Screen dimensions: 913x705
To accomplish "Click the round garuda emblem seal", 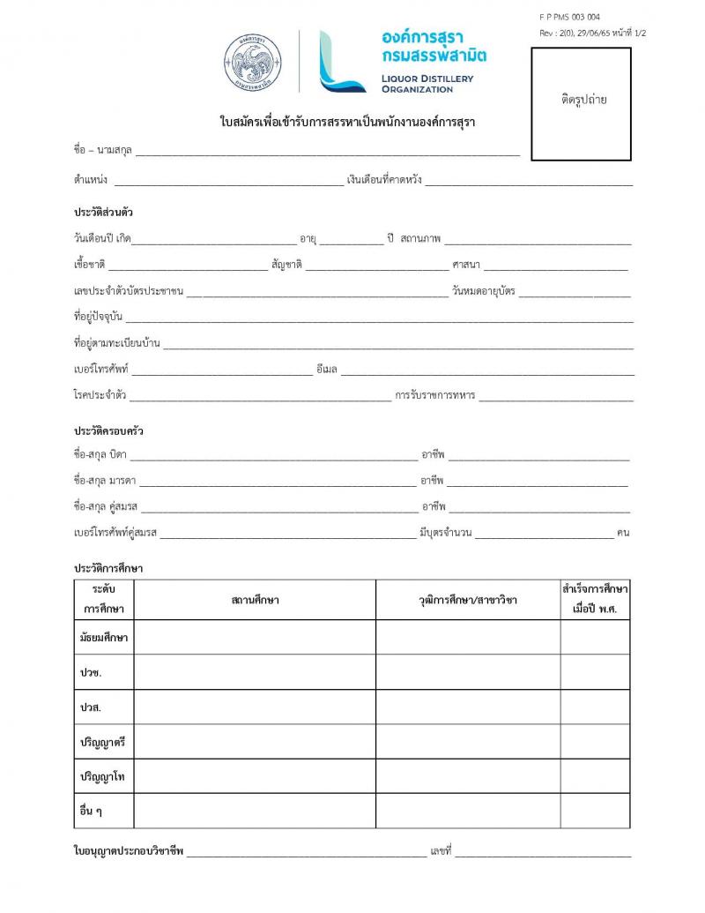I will point(253,63).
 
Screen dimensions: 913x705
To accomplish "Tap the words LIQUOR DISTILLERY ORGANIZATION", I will point(427,84).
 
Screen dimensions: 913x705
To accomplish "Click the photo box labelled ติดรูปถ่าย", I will point(581,104).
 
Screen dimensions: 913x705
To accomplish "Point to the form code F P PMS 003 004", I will point(569,17).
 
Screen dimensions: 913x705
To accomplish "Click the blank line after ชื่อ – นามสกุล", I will point(327,152).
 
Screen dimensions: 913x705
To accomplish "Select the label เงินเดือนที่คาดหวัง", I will point(385,180).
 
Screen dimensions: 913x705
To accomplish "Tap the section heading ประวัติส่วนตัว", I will point(104,213).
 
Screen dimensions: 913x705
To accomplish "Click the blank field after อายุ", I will point(351,239).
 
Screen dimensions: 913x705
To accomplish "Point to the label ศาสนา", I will point(466,265).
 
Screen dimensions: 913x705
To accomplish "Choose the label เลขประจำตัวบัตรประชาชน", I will point(129,291).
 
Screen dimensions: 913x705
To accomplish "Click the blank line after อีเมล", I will point(486,370).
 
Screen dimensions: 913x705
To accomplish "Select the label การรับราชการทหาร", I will point(435,395).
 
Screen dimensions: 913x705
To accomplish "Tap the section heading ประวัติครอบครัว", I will point(108,431).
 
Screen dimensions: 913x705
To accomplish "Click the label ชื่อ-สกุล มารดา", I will point(105,482).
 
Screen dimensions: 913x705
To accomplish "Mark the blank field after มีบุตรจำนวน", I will point(544,533).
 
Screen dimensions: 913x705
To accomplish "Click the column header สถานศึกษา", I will point(255,601).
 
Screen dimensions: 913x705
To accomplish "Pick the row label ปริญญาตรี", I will point(103,742).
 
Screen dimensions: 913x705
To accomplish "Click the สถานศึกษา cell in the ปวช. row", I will point(255,672).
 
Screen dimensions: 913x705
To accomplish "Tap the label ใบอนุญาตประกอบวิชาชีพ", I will point(128,851).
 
